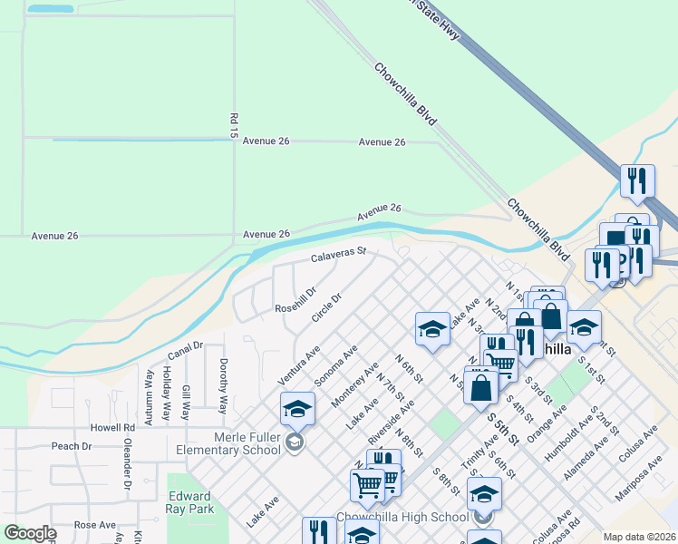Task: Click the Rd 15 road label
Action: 234,125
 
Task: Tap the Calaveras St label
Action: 338,257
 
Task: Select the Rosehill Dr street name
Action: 295,300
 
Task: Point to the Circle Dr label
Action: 326,306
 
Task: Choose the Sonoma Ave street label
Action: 336,365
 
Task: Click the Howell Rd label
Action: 111,426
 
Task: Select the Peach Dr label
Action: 73,446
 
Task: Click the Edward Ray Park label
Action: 190,502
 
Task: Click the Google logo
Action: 30,533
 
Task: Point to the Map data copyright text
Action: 638,537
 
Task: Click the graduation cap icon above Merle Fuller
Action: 297,411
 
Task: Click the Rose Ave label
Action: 95,525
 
